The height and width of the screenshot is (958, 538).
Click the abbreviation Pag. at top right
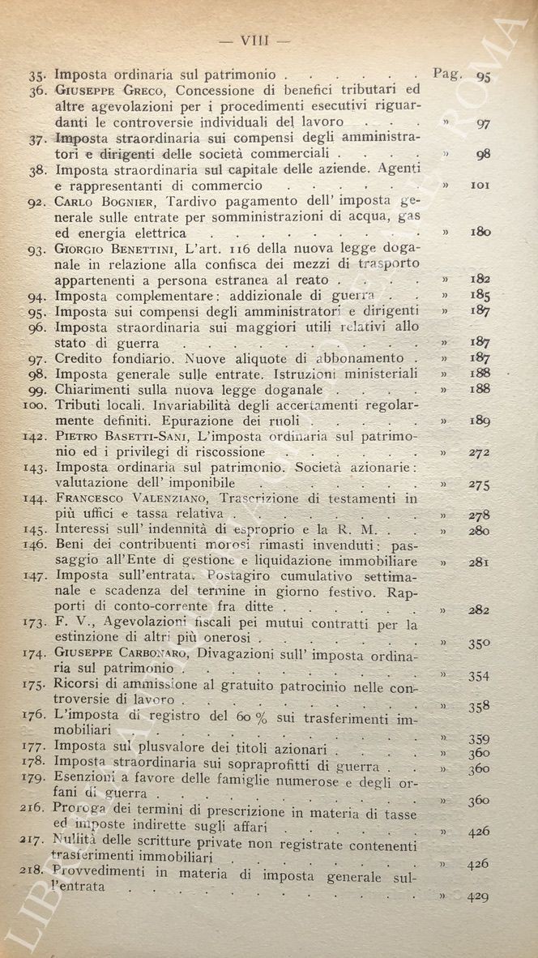coord(448,73)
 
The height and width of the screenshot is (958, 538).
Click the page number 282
coord(481,609)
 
